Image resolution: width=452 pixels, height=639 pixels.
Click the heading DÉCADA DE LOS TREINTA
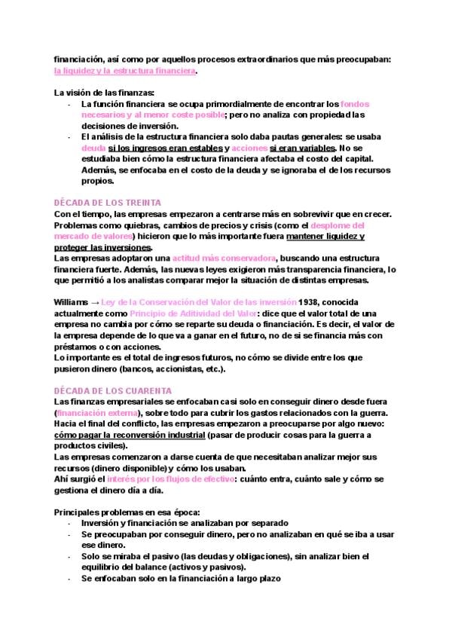coord(113,203)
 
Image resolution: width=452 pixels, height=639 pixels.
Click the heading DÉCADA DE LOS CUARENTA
coord(115,390)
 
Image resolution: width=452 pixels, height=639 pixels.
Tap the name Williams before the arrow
coord(72,301)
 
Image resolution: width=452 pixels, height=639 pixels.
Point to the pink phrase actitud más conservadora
coord(223,258)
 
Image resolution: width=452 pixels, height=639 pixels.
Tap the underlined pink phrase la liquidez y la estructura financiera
coord(125,71)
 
